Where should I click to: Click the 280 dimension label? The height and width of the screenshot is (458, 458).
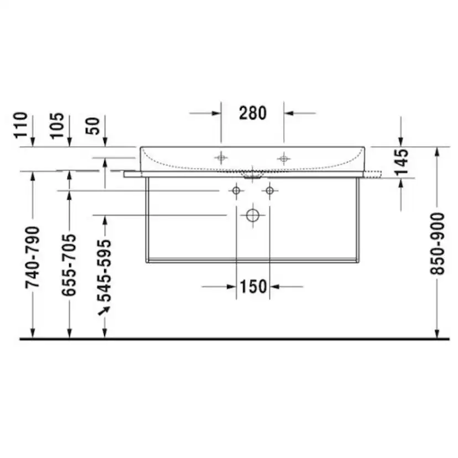click(253, 113)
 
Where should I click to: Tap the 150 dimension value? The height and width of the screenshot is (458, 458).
click(253, 287)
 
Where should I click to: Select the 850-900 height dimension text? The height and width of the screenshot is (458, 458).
click(438, 243)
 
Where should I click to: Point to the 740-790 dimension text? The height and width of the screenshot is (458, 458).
click(32, 257)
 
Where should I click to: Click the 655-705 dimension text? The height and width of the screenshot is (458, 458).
click(69, 264)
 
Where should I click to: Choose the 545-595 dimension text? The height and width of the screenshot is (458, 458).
click(105, 270)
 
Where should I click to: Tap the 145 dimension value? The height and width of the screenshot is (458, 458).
click(401, 162)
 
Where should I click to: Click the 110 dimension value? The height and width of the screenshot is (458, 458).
click(20, 124)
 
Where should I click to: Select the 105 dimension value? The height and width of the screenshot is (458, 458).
click(56, 126)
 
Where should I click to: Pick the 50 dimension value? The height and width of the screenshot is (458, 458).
click(92, 126)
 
